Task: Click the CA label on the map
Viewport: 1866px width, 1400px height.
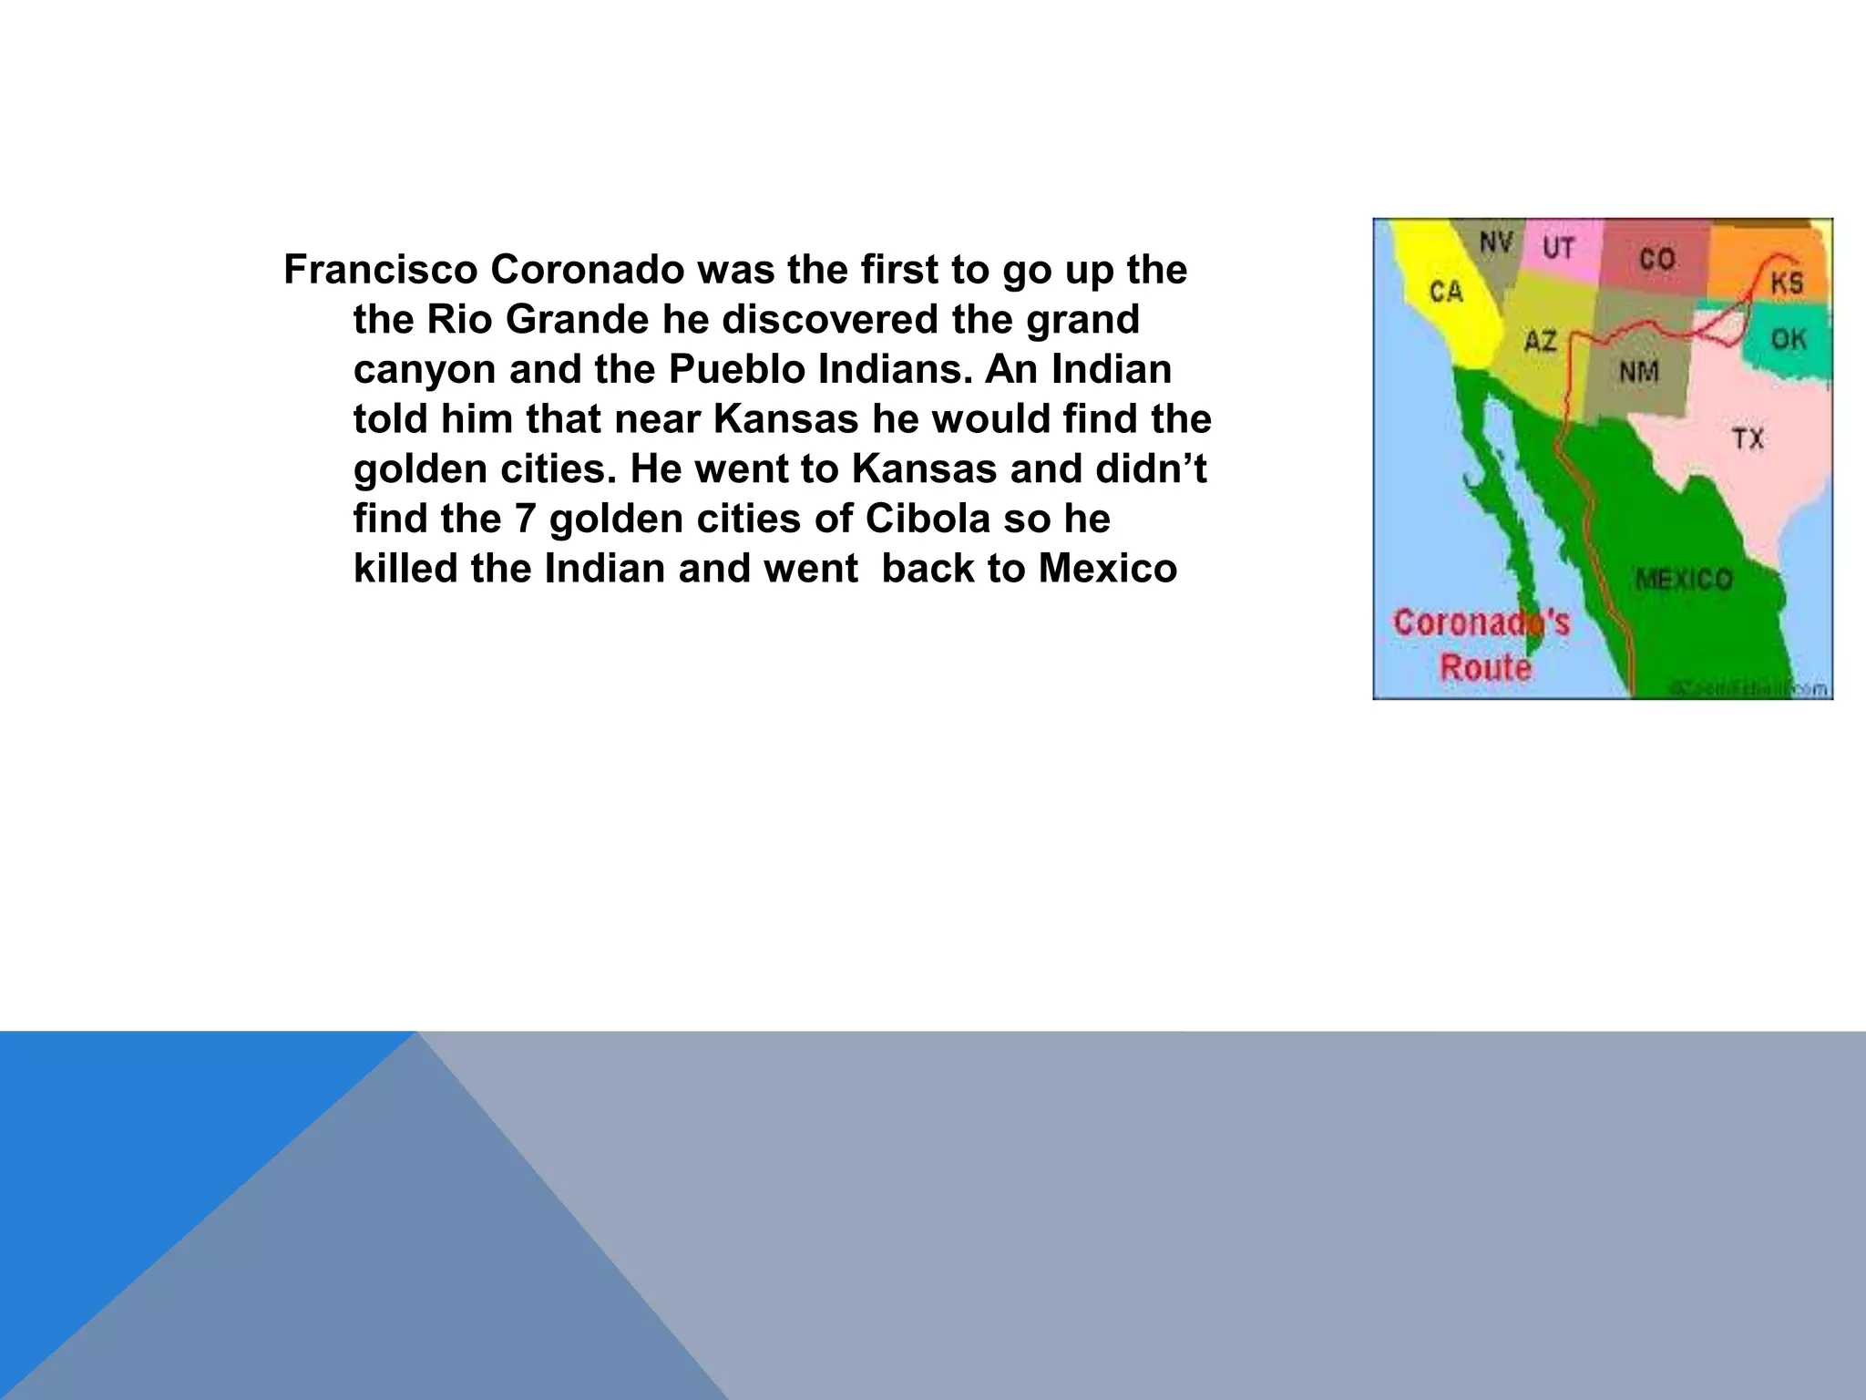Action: pyautogui.click(x=1446, y=292)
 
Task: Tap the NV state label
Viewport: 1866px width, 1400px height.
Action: pyautogui.click(x=1496, y=242)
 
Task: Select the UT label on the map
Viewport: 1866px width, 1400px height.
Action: pyautogui.click(x=1559, y=248)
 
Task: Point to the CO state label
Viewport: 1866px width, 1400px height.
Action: pyautogui.click(x=1657, y=260)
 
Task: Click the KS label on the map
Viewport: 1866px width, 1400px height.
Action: pyautogui.click(x=1787, y=283)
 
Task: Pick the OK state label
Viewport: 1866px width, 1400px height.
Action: pyautogui.click(x=1789, y=340)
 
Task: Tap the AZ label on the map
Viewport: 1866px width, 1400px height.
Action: pyautogui.click(x=1541, y=342)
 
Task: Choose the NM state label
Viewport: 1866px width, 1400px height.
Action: pyautogui.click(x=1639, y=372)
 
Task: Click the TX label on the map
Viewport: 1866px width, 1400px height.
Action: pyautogui.click(x=1748, y=439)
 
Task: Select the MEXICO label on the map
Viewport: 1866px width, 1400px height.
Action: pyautogui.click(x=1684, y=579)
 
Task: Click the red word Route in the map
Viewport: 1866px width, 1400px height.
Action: pyautogui.click(x=1485, y=668)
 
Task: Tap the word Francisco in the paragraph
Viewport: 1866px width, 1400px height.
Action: pyautogui.click(x=381, y=270)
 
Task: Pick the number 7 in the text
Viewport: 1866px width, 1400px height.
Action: pyautogui.click(x=525, y=519)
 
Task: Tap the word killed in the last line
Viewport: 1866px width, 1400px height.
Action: pyautogui.click(x=405, y=569)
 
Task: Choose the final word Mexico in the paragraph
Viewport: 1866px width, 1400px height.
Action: pyautogui.click(x=1107, y=569)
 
